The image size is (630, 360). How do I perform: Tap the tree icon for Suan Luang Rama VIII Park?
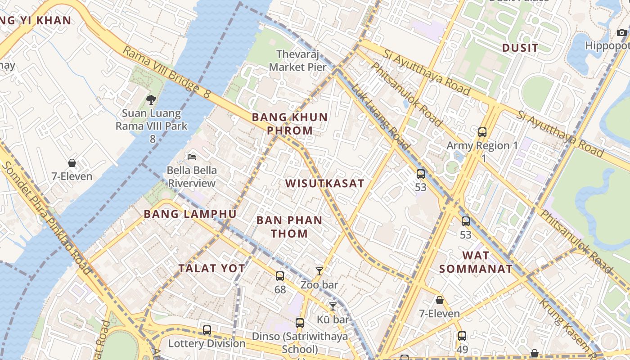(x=151, y=100)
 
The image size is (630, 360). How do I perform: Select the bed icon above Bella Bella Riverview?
(x=192, y=157)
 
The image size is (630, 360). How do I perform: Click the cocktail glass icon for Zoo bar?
(x=319, y=271)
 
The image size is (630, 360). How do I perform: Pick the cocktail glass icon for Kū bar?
(x=333, y=306)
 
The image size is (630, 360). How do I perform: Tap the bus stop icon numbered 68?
(x=280, y=276)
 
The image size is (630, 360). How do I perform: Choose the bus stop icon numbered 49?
(x=462, y=336)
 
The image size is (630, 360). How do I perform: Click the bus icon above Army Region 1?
(x=482, y=132)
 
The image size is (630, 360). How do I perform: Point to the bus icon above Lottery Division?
(x=207, y=330)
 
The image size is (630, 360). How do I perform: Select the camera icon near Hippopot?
(x=621, y=32)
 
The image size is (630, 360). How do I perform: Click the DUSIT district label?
(x=520, y=48)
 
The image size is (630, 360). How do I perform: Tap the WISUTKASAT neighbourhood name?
(x=324, y=184)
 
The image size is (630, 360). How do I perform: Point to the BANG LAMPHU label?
(x=190, y=214)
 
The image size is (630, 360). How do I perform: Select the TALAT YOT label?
(x=211, y=269)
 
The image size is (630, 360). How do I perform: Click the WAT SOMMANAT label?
(x=476, y=262)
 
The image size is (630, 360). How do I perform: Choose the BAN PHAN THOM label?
(x=289, y=227)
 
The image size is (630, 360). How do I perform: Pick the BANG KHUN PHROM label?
(x=289, y=124)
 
